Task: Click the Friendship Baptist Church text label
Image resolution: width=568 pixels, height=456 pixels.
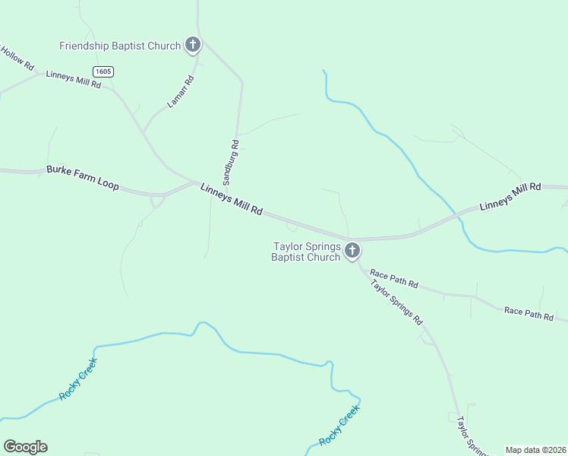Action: (120, 46)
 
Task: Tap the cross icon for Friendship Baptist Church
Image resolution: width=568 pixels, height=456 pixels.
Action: (193, 45)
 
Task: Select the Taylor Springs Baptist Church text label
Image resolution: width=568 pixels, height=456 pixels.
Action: (306, 252)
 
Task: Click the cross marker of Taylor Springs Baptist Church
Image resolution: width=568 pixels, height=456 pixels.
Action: (352, 250)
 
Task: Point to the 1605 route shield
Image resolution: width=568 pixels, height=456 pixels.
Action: (104, 71)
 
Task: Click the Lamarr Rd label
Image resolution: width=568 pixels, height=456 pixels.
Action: (181, 90)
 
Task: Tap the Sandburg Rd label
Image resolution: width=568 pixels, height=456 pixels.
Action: (235, 162)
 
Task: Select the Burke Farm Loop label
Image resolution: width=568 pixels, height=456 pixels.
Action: (82, 178)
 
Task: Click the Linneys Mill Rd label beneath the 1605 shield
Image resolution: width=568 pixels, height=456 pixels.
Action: (74, 79)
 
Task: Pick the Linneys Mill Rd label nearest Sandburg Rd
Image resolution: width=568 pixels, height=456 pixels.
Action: (232, 199)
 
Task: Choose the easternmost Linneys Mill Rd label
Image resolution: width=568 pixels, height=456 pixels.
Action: (510, 196)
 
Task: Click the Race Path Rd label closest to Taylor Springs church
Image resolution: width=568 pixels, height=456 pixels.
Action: (393, 278)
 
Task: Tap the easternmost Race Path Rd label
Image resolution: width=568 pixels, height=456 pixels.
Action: (529, 313)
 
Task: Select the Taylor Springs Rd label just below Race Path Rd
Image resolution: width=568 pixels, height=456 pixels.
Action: (396, 302)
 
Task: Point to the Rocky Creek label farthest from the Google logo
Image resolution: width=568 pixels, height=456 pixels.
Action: (339, 426)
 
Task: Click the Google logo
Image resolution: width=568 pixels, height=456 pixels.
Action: (25, 447)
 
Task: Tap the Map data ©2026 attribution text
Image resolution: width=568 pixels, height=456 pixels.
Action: (536, 450)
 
